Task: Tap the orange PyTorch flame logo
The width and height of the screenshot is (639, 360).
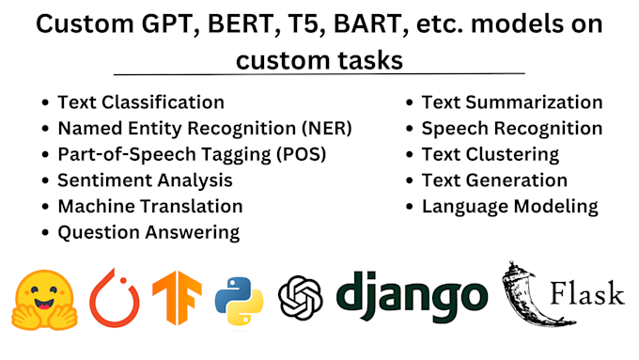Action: [114, 299]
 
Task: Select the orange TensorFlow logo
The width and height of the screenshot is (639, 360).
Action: [177, 299]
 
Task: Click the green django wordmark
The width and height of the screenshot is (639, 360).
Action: [412, 296]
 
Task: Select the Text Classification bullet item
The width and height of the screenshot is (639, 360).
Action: [141, 102]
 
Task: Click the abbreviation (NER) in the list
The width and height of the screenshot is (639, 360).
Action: [328, 128]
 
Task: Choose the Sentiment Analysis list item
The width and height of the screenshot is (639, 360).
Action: [145, 180]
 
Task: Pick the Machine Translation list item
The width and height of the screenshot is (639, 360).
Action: [150, 205]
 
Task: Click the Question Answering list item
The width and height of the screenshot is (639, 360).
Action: [148, 231]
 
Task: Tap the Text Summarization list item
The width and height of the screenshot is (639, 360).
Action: [512, 102]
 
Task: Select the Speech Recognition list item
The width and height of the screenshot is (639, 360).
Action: [512, 128]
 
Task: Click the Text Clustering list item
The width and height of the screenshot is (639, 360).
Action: [491, 153]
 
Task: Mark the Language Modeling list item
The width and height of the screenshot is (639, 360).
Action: [510, 205]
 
